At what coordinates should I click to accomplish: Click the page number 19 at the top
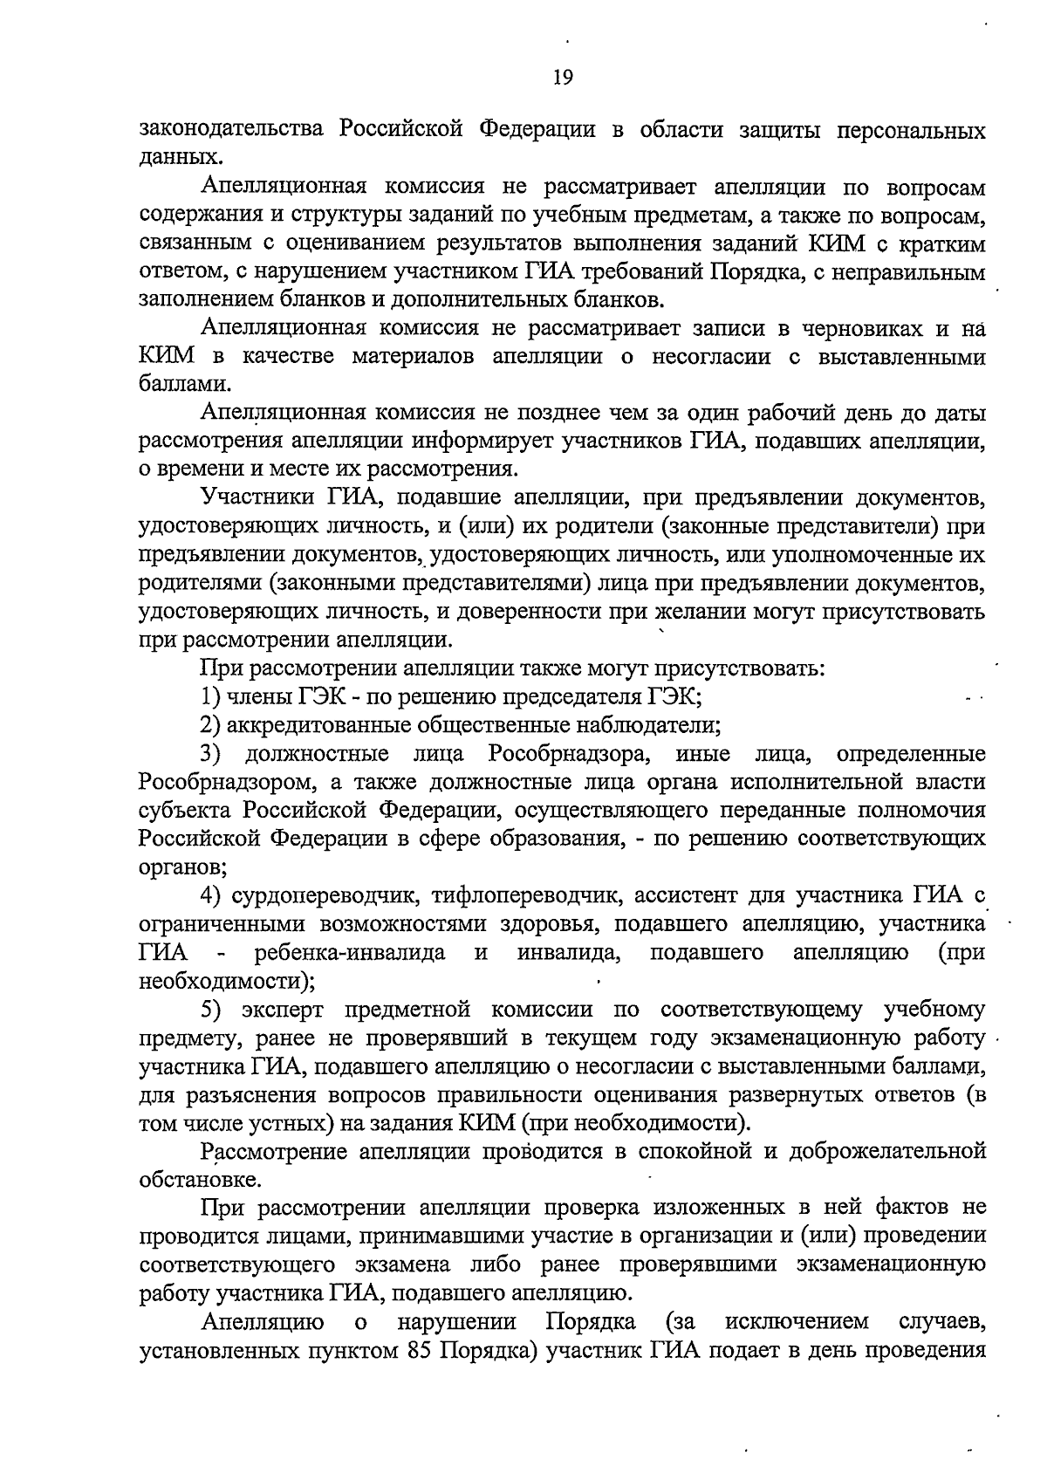click(x=563, y=79)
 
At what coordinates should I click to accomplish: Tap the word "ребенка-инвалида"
click(x=350, y=952)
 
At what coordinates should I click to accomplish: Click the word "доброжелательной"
click(x=887, y=1152)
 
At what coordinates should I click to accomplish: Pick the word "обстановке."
click(x=200, y=1180)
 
